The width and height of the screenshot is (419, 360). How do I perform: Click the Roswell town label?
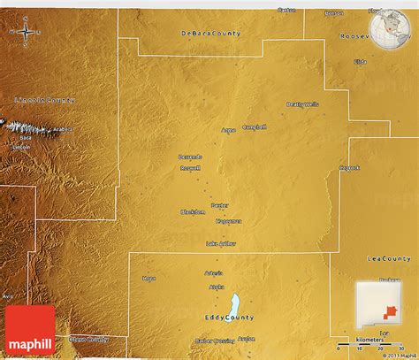click(190, 167)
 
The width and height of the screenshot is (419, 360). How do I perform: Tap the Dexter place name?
click(219, 205)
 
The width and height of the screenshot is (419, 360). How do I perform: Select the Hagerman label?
click(228, 221)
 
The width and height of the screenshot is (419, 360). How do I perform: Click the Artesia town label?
click(214, 273)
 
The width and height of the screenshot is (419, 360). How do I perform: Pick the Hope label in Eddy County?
click(149, 279)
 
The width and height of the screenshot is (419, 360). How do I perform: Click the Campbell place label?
click(254, 126)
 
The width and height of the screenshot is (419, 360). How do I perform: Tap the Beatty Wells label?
click(302, 104)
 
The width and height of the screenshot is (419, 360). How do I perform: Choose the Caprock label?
click(349, 167)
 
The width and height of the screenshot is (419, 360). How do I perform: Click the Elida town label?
click(360, 61)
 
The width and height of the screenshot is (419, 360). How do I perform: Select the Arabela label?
click(62, 129)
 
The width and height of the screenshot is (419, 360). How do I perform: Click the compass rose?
click(26, 33)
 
